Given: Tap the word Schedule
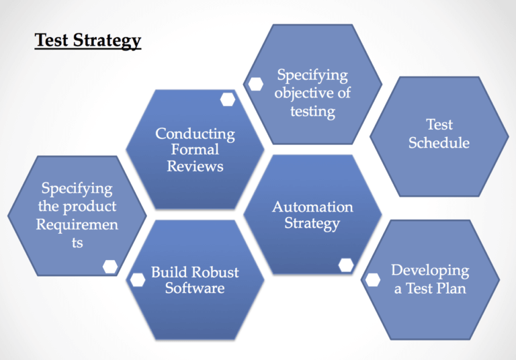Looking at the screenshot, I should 439,143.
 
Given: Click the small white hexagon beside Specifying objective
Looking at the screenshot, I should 256,84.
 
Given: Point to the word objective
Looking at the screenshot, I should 312,93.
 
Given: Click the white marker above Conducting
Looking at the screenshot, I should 228,99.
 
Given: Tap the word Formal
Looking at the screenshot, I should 195,149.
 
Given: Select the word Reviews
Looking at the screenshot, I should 195,165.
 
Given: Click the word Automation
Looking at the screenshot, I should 312,207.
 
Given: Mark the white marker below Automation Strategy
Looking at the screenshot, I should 346,265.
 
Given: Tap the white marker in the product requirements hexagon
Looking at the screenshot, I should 110,267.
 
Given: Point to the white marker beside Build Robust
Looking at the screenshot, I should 138,279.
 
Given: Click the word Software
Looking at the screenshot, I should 195,289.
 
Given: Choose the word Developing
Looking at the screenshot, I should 430,271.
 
